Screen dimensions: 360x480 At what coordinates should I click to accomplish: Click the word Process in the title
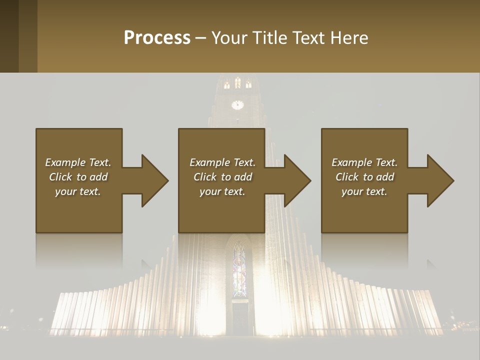tap(157, 38)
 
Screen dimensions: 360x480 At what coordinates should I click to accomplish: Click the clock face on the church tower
tap(237, 105)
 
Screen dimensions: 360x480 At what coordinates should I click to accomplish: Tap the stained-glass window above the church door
tap(239, 270)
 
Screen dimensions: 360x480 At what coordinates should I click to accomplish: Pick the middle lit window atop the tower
tap(238, 83)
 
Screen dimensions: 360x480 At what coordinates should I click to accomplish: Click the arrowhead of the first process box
tap(154, 180)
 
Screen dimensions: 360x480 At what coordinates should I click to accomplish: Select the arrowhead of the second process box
tap(297, 180)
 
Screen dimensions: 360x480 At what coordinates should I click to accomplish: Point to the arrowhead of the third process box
tap(440, 180)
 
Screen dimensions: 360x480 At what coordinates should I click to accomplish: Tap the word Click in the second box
tap(205, 177)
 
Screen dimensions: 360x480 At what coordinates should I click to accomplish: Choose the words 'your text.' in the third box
tap(364, 191)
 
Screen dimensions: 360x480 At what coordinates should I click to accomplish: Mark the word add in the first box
tap(98, 177)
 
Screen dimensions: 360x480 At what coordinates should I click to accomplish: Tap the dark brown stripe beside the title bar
tap(9, 36)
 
